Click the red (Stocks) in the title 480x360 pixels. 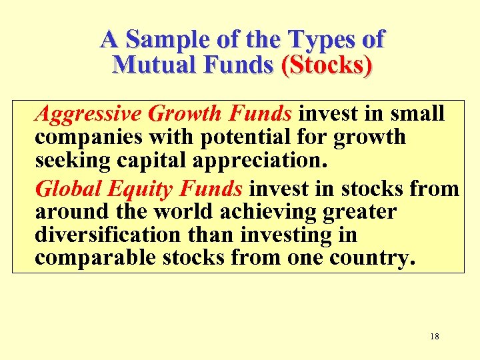pos(327,65)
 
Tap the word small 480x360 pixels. pos(417,114)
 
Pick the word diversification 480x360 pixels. pos(107,235)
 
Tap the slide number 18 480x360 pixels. pos(435,337)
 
